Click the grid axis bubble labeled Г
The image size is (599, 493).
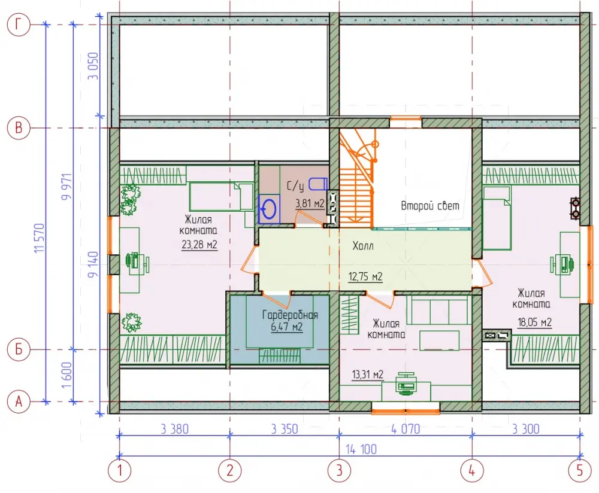click(x=19, y=25)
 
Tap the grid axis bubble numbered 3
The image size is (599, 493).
click(x=339, y=470)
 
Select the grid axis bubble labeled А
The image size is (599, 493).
click(x=19, y=401)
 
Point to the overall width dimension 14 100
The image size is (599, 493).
click(x=361, y=449)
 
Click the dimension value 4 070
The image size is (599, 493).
click(x=406, y=429)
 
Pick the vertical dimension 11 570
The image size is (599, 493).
click(x=40, y=238)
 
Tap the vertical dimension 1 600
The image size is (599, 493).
click(x=66, y=375)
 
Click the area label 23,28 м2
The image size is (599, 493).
click(x=199, y=244)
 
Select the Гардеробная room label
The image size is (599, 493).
click(x=290, y=315)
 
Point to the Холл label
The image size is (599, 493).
click(x=363, y=246)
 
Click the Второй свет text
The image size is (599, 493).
click(x=429, y=206)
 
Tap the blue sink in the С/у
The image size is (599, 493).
click(x=269, y=209)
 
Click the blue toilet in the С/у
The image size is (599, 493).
click(x=318, y=184)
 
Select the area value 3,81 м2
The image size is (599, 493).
click(x=310, y=203)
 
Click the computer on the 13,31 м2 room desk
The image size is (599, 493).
click(x=406, y=383)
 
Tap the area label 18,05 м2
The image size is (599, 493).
click(x=534, y=322)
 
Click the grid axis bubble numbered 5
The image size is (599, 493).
click(x=580, y=470)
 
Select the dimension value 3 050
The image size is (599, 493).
click(x=93, y=66)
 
